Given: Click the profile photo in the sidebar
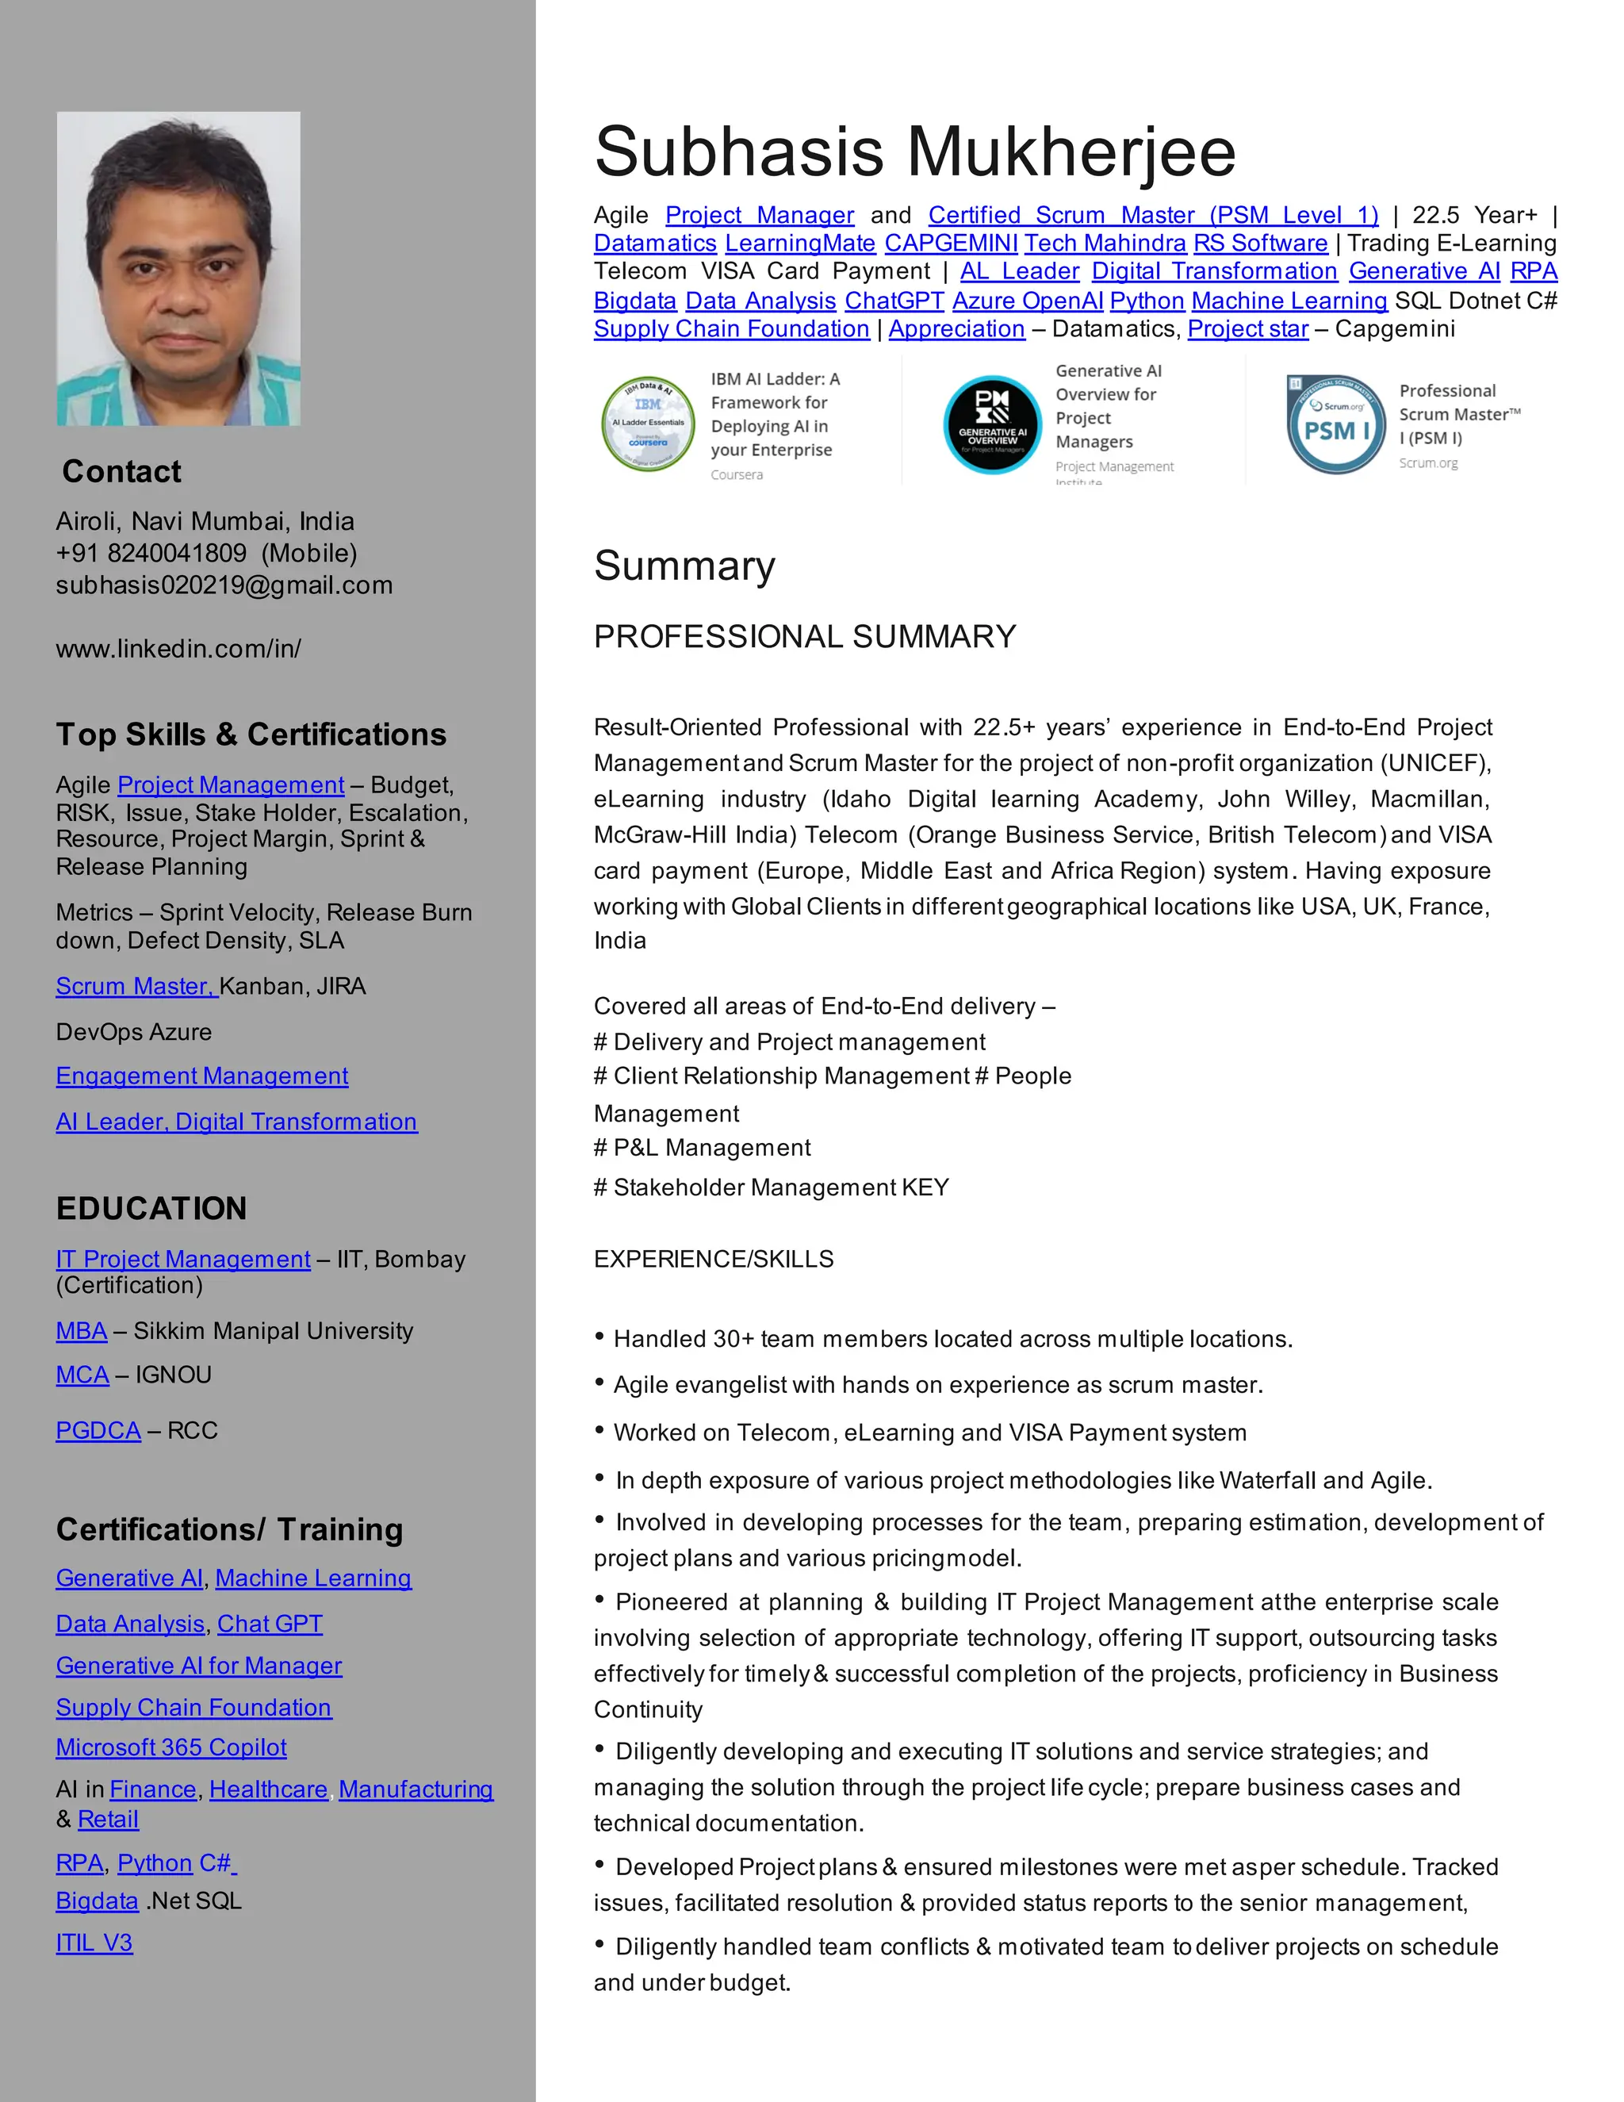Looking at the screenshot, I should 178,269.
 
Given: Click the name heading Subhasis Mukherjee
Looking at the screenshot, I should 914,152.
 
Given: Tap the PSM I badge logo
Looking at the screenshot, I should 1335,424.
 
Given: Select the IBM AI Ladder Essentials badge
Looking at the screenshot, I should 648,424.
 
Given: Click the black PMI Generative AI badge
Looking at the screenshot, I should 992,424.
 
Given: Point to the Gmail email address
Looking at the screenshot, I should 224,585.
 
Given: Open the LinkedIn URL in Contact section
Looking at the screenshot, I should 178,649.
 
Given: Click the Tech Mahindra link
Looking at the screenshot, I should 1105,244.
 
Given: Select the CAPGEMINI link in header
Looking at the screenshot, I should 951,244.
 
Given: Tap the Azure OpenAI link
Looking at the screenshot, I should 1027,301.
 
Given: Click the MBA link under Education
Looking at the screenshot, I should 82,1331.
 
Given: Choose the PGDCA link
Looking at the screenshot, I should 98,1430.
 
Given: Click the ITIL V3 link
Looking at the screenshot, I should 94,1943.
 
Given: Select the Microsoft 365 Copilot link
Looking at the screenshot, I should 171,1747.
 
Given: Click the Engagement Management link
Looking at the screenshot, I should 202,1076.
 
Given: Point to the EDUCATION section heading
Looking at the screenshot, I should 151,1208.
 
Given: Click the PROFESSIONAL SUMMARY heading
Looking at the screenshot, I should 804,637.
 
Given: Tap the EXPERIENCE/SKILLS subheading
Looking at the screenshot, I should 713,1259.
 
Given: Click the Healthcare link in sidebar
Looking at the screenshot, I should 269,1789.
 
